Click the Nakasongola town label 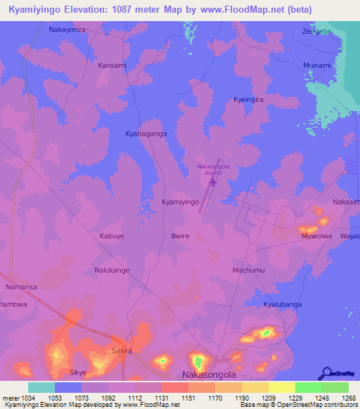tap(209, 375)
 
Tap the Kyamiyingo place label tap(181, 202)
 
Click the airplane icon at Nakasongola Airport tap(213, 183)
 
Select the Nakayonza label tap(67, 30)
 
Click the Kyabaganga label tap(146, 133)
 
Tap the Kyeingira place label tap(248, 100)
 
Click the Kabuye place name tap(112, 236)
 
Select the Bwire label tap(180, 236)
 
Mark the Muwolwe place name tap(316, 236)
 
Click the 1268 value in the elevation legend tap(340, 398)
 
